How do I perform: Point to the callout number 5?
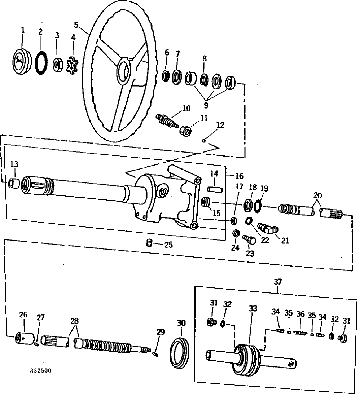tap(76, 25)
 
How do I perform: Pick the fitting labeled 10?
tap(167, 119)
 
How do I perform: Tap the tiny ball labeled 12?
tap(204, 141)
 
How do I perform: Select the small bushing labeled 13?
tap(14, 183)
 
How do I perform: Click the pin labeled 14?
tap(214, 189)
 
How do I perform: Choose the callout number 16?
tap(239, 176)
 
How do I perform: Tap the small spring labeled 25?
tap(148, 244)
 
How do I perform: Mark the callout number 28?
tap(75, 321)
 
